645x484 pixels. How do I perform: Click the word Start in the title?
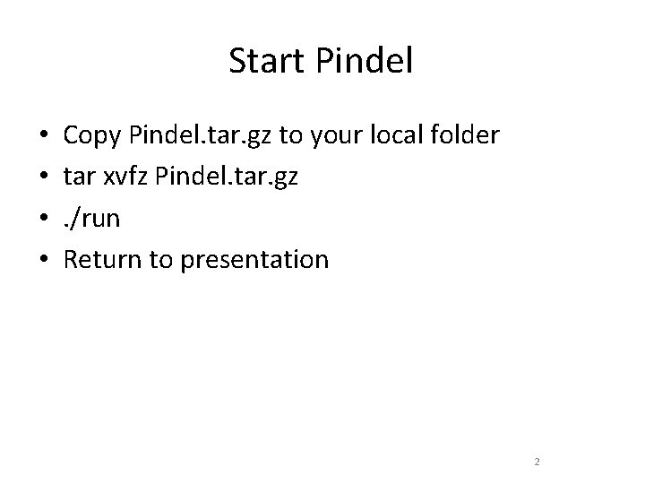coord(265,61)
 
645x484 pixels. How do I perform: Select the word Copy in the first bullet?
coord(94,136)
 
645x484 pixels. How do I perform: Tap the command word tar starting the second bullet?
coord(79,177)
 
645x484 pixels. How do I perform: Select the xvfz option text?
coord(127,177)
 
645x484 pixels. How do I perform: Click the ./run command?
coord(92,219)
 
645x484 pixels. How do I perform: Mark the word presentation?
coord(254,261)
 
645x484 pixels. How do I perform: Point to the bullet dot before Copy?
coord(43,137)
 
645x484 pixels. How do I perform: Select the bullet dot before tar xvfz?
coord(43,178)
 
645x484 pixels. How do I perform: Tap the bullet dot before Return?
coord(43,261)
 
